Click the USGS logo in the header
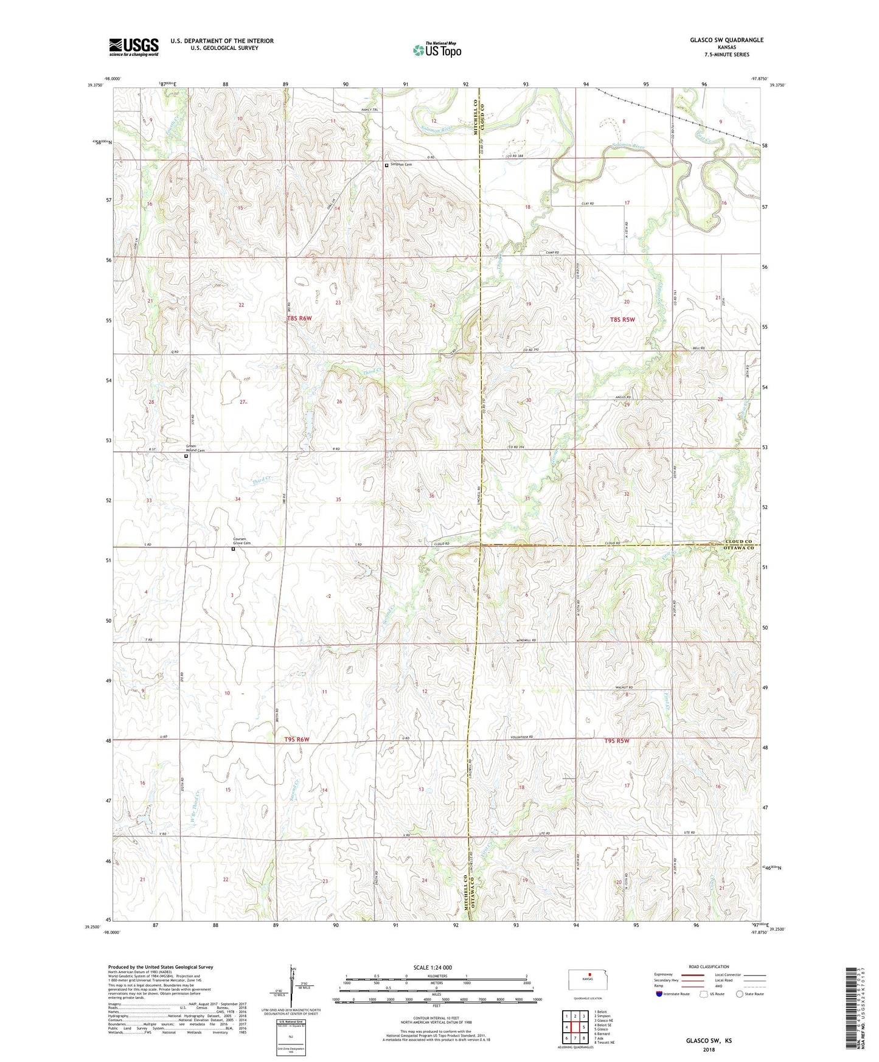coord(134,46)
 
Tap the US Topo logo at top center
coord(437,50)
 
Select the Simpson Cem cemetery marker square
coord(386,165)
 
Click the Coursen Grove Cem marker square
coord(233,549)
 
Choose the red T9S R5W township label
coord(616,741)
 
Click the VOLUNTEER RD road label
coord(522,737)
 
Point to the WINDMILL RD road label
coord(526,640)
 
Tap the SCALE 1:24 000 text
coord(432,967)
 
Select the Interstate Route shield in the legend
coord(659,994)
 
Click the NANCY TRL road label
coord(369,109)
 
